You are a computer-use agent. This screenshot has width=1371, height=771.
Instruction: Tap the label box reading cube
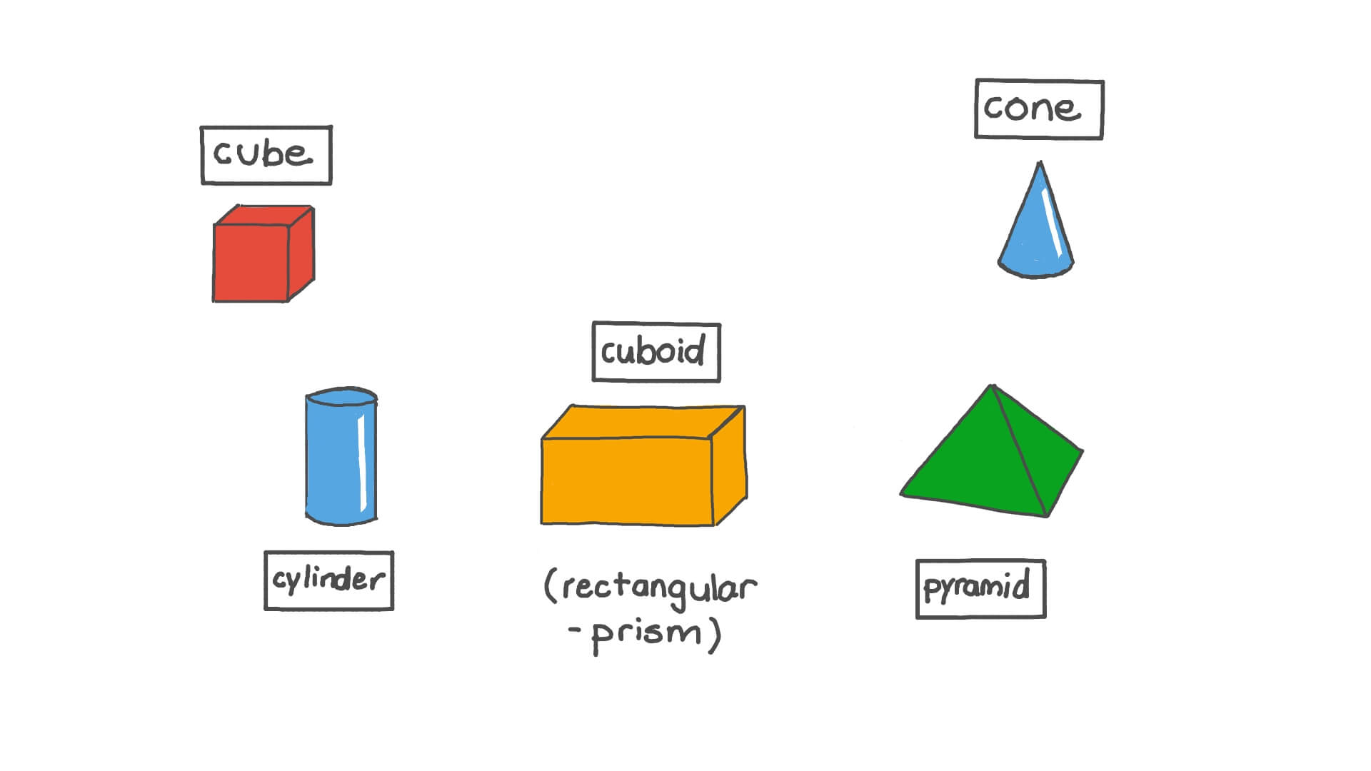point(266,155)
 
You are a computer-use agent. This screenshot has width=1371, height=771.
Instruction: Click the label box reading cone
point(1039,109)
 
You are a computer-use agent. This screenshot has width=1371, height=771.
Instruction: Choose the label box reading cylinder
point(328,580)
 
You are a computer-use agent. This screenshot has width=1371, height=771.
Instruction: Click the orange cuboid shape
point(628,478)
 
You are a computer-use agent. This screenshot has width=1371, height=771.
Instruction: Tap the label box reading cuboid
point(656,352)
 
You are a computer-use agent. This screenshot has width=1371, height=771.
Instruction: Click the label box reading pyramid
point(980,589)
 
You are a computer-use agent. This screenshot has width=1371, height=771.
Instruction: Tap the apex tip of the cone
point(1040,164)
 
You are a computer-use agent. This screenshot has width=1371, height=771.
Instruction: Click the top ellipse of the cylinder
point(341,398)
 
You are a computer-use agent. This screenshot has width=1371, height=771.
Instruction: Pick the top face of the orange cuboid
point(643,421)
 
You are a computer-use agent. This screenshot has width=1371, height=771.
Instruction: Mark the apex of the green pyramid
point(993,387)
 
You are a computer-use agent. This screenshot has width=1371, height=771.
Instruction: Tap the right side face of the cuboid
point(730,468)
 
